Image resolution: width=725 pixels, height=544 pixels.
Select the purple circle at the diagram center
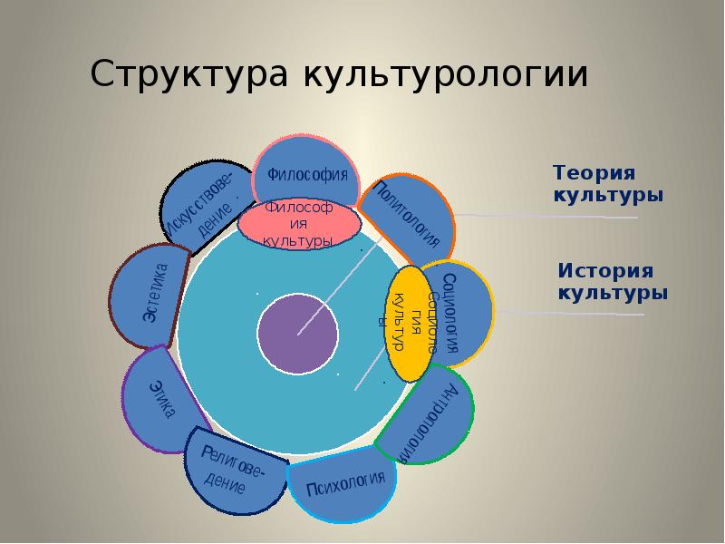coord(298,333)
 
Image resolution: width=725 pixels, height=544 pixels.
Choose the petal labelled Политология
coord(412,213)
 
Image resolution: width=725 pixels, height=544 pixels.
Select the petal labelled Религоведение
coord(234,471)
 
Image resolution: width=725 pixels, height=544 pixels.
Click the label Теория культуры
coord(608,184)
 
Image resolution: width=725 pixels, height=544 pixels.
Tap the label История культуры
coord(613,282)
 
